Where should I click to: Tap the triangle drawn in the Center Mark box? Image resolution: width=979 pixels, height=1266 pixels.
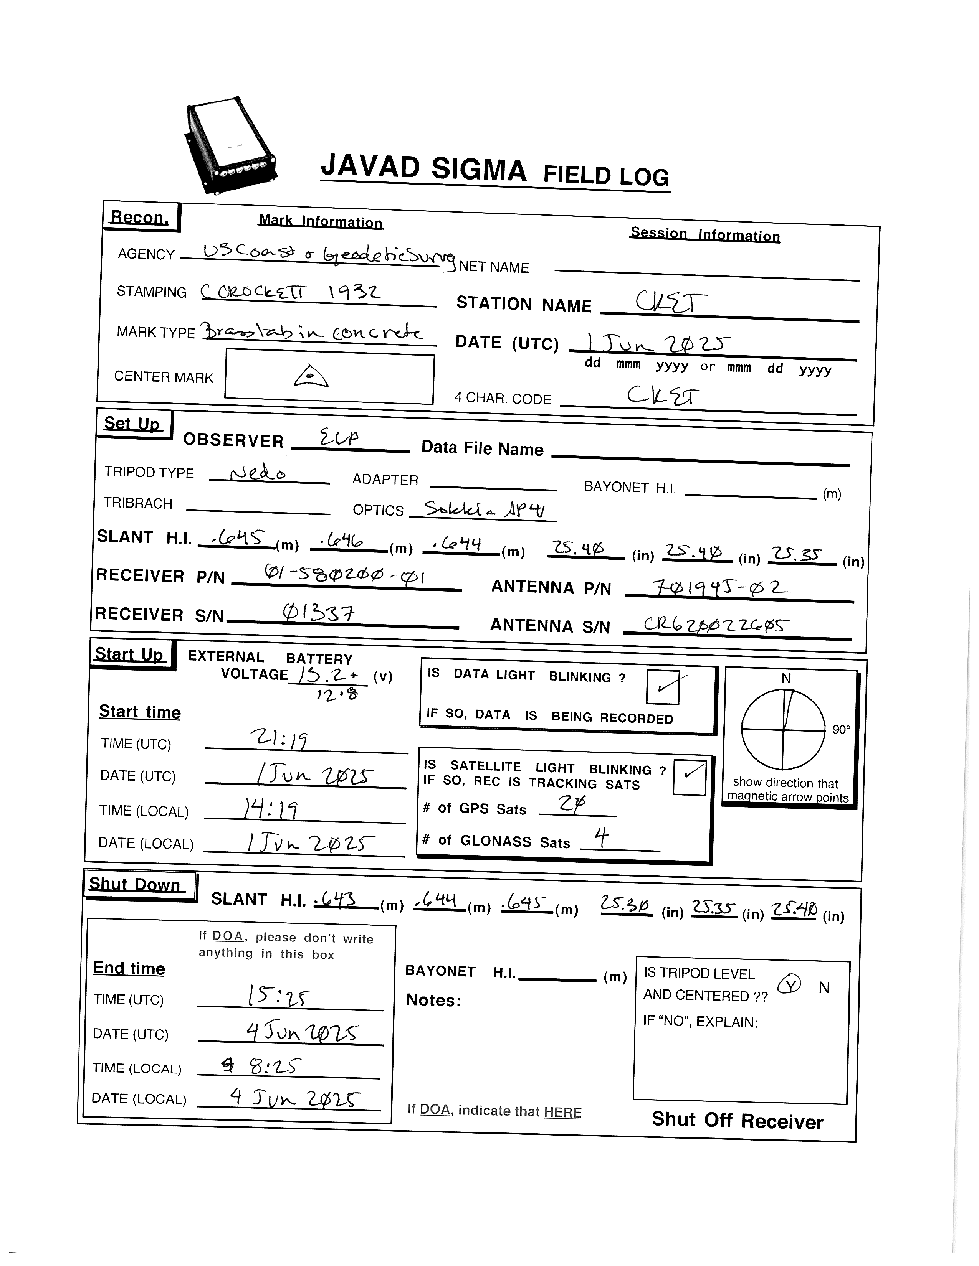(311, 376)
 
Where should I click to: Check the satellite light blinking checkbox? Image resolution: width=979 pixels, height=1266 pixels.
(690, 776)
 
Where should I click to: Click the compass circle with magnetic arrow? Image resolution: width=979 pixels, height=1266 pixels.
(783, 729)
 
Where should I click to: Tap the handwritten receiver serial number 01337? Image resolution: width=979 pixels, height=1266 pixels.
(318, 612)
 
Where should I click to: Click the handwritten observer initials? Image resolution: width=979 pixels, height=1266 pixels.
(340, 438)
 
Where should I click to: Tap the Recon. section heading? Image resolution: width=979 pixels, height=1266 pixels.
(140, 218)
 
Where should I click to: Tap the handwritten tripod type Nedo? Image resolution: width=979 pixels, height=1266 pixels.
(258, 473)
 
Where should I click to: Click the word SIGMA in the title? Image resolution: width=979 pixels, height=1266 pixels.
(478, 169)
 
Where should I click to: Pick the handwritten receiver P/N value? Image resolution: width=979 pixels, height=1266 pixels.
(345, 575)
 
